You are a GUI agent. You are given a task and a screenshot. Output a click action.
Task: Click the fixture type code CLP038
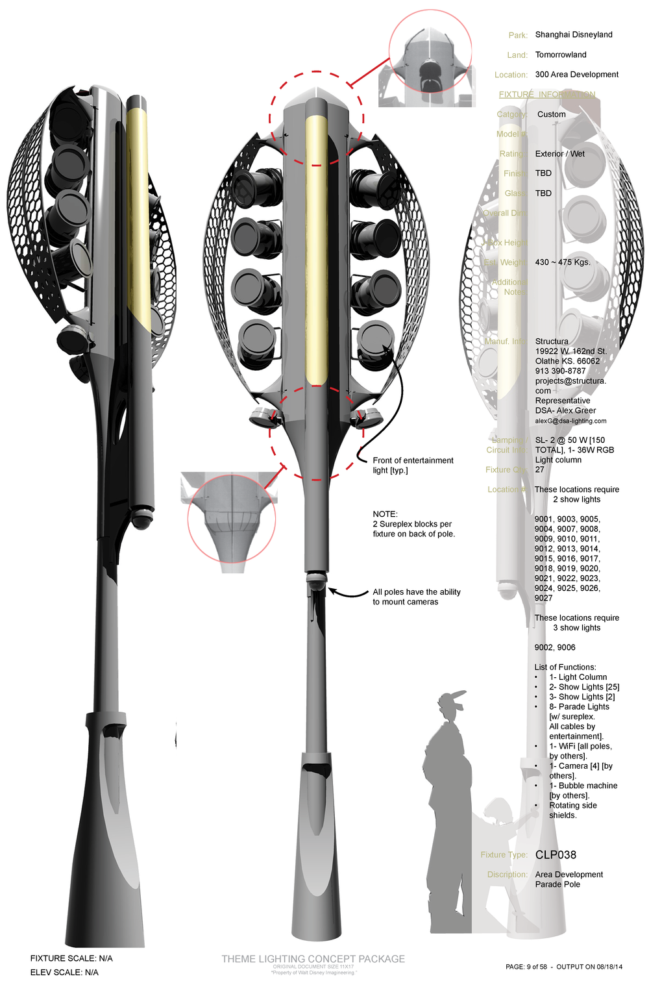point(556,854)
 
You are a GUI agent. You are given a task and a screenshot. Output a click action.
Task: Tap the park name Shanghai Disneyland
point(574,34)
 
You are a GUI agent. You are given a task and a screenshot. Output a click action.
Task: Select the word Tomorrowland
point(561,55)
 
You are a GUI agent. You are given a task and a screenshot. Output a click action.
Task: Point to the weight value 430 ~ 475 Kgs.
point(563,262)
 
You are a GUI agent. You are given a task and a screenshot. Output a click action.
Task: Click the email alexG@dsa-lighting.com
point(570,421)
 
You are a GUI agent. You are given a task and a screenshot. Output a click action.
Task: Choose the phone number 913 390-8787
point(560,371)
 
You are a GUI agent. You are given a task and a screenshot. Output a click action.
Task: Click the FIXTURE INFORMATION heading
point(546,94)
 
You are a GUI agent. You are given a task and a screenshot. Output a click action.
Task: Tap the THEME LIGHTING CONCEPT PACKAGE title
point(313,958)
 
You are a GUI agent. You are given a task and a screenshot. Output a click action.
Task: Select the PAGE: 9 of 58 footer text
point(526,967)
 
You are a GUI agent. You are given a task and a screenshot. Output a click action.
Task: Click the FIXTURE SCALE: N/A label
point(71,958)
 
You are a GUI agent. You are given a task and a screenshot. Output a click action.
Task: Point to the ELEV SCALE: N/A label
point(64,972)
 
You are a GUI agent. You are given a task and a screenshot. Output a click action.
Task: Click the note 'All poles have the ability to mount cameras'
point(416,597)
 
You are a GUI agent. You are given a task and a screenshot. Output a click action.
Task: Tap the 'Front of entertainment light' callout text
point(413,465)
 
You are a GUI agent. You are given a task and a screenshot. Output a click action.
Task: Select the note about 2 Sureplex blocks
point(413,524)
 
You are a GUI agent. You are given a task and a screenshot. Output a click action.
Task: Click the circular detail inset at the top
point(430,51)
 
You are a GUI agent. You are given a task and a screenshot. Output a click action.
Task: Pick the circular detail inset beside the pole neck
point(231,519)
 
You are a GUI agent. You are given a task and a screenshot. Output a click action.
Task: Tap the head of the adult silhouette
point(450,703)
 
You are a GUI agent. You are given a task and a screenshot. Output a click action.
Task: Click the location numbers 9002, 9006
point(555,647)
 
